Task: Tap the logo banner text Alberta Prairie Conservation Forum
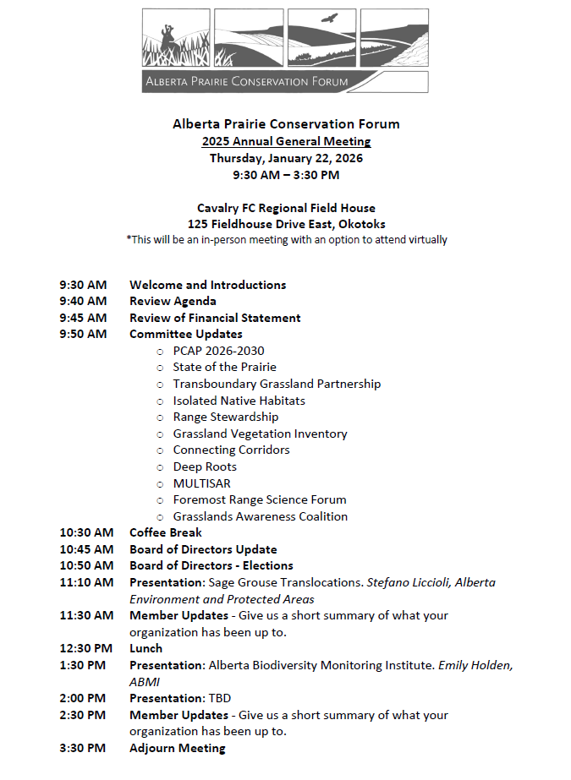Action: point(246,82)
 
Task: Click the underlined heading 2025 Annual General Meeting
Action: point(286,141)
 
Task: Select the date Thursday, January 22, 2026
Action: point(286,158)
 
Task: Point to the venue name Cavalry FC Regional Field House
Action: point(286,208)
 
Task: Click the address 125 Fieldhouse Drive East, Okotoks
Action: point(286,224)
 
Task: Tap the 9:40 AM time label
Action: point(83,301)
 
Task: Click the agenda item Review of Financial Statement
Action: point(215,318)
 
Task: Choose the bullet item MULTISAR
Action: point(201,483)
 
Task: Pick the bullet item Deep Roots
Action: point(205,466)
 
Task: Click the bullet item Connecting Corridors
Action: point(231,450)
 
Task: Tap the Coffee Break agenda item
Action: point(166,532)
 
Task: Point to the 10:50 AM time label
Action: point(86,565)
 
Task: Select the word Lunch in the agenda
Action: point(145,648)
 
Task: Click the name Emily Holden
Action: point(475,665)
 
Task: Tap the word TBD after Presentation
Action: point(218,698)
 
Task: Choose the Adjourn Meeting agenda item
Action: point(177,748)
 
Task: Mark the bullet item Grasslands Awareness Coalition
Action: point(260,516)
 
